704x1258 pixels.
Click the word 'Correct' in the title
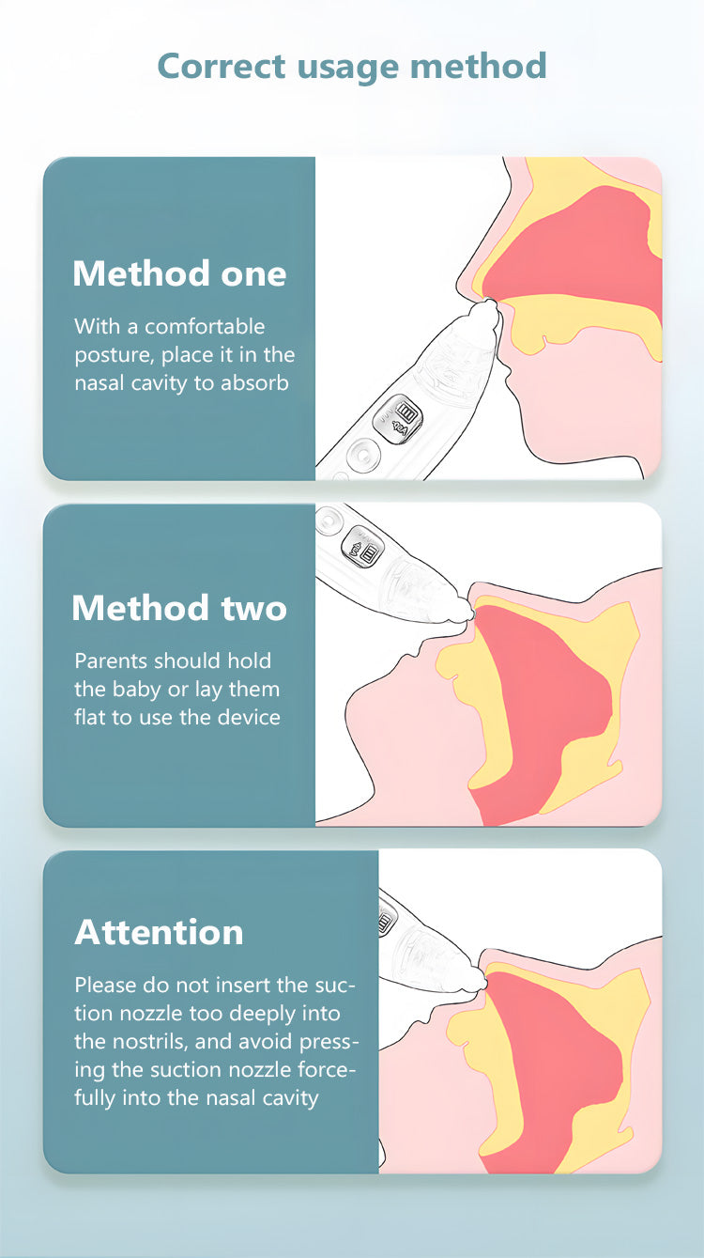222,66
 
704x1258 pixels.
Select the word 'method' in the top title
479,66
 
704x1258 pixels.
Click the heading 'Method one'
179,274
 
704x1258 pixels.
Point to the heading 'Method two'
179,608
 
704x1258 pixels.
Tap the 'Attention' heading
159,932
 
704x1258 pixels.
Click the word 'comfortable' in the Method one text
205,326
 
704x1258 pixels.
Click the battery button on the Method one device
398,419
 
